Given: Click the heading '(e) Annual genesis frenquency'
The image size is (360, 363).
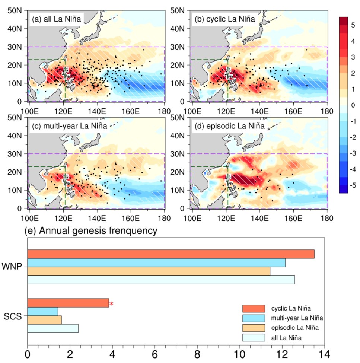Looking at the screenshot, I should pyautogui.click(x=90, y=231).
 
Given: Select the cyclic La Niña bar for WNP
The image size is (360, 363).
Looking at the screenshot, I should pyautogui.click(x=171, y=254).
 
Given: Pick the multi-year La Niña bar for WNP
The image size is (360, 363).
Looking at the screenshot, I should pyautogui.click(x=156, y=262).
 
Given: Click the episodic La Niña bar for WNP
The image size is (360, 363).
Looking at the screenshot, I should pyautogui.click(x=149, y=271).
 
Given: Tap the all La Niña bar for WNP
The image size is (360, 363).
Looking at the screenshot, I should pyautogui.click(x=161, y=280).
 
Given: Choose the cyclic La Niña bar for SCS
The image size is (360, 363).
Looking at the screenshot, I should pyautogui.click(x=68, y=303).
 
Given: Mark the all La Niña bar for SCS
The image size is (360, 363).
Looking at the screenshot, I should pyautogui.click(x=52, y=328).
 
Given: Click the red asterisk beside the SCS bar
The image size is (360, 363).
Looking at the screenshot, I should pyautogui.click(x=111, y=304).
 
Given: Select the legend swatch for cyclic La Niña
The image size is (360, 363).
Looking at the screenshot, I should pyautogui.click(x=254, y=308).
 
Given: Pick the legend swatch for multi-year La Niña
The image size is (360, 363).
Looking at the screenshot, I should pyautogui.click(x=254, y=318).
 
